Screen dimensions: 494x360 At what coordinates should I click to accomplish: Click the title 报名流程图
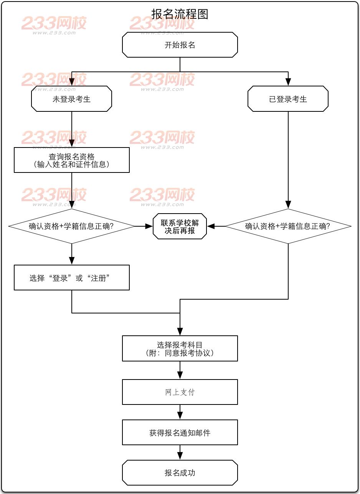[180, 15]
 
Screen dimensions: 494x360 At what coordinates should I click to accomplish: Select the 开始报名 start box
[180, 45]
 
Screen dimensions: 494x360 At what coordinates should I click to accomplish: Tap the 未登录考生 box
[72, 99]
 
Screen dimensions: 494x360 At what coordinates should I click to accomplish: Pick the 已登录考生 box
[288, 99]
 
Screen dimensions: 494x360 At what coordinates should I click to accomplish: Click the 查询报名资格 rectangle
[72, 160]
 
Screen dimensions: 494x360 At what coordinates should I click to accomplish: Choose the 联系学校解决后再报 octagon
[180, 227]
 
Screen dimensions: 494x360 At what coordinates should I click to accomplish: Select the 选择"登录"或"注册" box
[72, 277]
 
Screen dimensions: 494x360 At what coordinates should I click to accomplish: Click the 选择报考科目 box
[180, 348]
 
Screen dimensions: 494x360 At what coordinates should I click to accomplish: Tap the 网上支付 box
[180, 392]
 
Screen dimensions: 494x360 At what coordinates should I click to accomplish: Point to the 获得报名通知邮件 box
[180, 433]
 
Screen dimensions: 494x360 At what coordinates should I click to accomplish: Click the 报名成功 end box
[180, 472]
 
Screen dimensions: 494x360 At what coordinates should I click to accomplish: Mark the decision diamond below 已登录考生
[288, 226]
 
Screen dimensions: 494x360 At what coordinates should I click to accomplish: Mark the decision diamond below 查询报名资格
[72, 226]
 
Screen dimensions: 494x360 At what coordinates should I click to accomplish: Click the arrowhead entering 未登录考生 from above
[72, 82]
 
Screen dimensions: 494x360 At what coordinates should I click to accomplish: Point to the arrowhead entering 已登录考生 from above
[288, 82]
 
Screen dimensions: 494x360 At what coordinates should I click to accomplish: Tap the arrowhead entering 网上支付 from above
[180, 376]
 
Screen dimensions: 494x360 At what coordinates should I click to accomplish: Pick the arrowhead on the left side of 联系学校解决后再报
[149, 226]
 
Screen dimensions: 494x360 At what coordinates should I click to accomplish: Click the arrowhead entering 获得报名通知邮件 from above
[180, 416]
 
